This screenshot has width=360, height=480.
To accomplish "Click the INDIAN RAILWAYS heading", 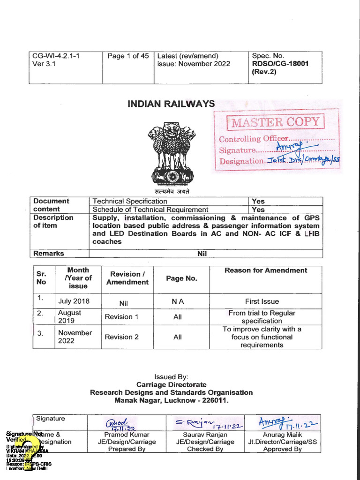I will (171, 104).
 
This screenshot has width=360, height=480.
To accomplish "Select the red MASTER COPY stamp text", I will (275, 123).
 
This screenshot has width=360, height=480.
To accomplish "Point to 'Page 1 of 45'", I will (128, 56).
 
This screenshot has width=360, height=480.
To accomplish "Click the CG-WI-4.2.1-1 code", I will (56, 56).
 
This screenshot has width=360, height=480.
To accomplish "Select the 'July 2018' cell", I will (74, 301).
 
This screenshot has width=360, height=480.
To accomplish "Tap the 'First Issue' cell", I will (262, 301).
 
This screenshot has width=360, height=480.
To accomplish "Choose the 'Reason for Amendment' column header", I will (265, 270).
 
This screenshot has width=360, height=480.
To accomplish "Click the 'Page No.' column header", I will (181, 278).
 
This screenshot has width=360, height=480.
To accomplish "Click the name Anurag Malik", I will (282, 434).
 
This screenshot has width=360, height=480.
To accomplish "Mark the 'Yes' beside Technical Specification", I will (258, 202).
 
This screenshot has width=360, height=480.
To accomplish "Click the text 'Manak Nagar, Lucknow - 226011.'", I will (171, 401).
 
